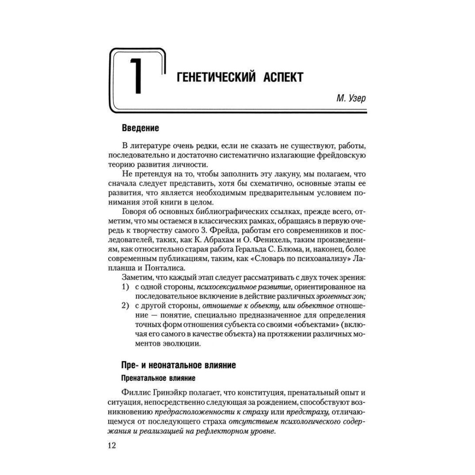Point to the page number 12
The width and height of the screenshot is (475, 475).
(112, 445)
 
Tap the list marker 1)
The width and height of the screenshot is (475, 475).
(126, 287)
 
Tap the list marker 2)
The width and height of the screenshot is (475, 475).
(126, 306)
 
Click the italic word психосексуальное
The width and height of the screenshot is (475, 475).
(225, 287)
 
